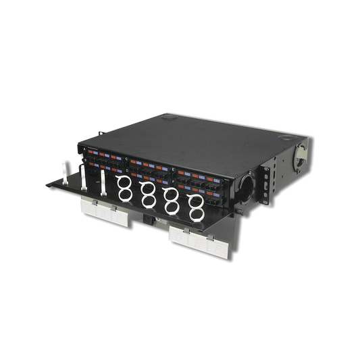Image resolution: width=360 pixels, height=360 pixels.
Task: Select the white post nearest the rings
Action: pos(102,180)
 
